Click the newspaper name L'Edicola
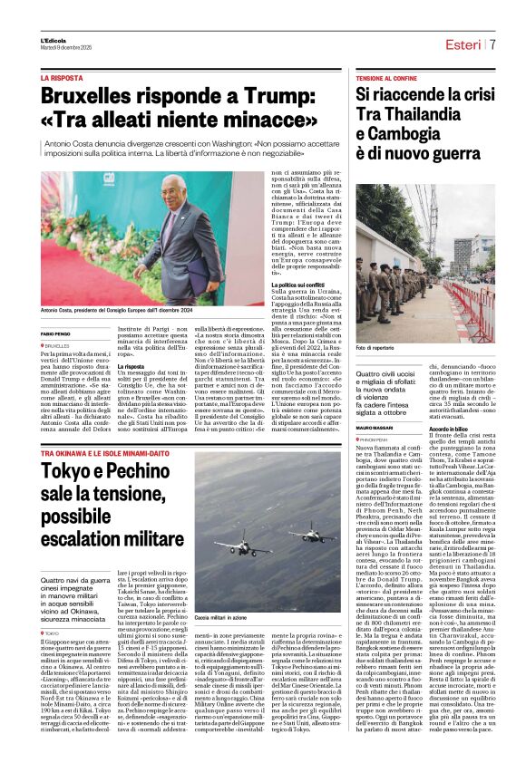(x=53, y=40)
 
